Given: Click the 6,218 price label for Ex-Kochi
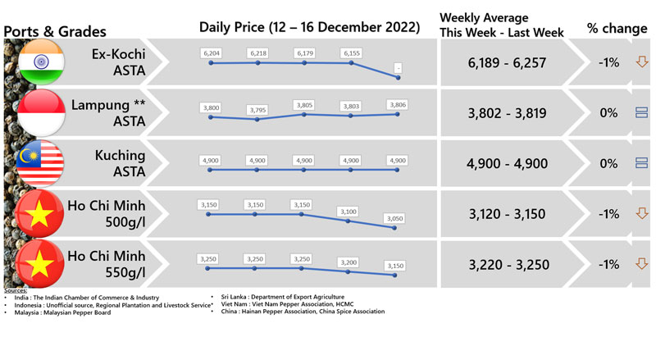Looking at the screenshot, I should point(257,52).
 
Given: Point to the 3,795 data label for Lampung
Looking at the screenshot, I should point(257,108).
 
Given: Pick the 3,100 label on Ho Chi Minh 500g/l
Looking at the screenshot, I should point(351,211).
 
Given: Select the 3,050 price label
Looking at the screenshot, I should point(398,217).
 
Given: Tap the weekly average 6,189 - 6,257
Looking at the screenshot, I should point(506,62).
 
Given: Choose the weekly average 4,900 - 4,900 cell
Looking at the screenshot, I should point(506,163).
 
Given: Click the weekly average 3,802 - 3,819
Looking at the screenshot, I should point(506,113).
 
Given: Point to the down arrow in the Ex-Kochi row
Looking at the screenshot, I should point(642,62).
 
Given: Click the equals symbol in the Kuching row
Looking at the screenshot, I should point(642,163).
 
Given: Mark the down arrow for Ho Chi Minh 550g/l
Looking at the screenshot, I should point(642,264).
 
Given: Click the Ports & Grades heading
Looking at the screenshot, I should point(55,31).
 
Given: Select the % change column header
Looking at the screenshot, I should point(617,28).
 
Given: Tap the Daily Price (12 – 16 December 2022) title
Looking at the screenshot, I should point(309,28).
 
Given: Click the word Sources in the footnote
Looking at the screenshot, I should point(16,290).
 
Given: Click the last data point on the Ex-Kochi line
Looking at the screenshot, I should point(398,77).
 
